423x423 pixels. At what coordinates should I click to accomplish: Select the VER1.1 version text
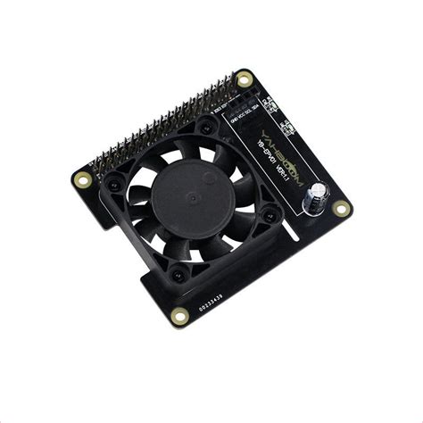coord(278,185)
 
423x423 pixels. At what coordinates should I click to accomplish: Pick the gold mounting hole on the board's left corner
coord(83,180)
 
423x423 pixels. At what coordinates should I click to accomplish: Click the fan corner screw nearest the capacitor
coord(268,217)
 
